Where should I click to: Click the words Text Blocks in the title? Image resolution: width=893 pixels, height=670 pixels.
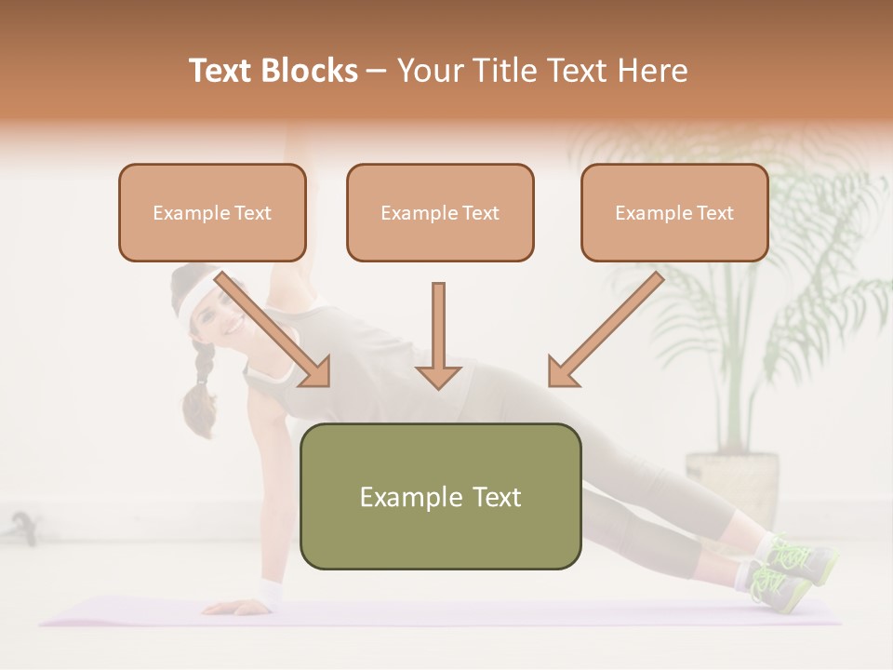[x=273, y=71]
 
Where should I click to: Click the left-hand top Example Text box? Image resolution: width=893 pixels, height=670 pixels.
[x=212, y=212]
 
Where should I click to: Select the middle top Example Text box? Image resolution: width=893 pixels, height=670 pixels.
[x=440, y=212]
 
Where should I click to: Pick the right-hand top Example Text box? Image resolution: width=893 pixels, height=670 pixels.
[x=674, y=212]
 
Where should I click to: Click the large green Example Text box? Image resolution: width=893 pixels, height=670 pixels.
[x=440, y=496]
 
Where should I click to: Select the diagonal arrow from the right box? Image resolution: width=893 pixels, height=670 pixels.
[x=605, y=330]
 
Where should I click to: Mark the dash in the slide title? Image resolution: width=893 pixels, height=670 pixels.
[x=378, y=71]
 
